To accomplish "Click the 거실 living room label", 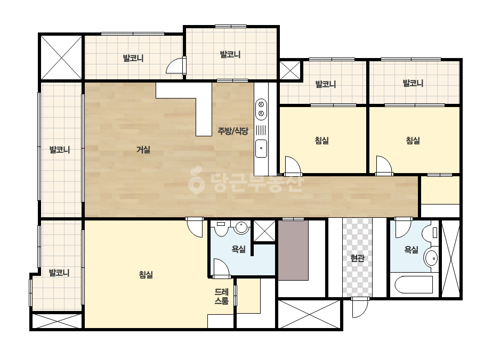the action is tap(143, 150).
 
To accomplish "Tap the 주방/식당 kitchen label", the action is tap(233, 131).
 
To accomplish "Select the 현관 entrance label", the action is tap(357, 258).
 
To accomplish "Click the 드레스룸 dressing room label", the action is tap(222, 296).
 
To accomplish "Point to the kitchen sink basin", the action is tap(261, 149).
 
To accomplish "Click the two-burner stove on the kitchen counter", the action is tap(261, 109).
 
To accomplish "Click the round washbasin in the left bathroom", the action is tap(241, 228).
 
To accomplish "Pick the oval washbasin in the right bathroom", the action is tap(431, 258).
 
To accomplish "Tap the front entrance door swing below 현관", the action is tap(360, 307).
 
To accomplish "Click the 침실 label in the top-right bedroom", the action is tap(413, 140).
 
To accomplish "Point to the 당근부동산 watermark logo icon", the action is tap(196, 181).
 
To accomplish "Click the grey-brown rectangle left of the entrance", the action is tap(293, 250).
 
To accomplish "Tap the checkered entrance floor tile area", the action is tap(357, 257).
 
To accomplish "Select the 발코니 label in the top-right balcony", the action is tap(413, 83).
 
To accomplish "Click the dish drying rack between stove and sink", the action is tap(261, 130).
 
